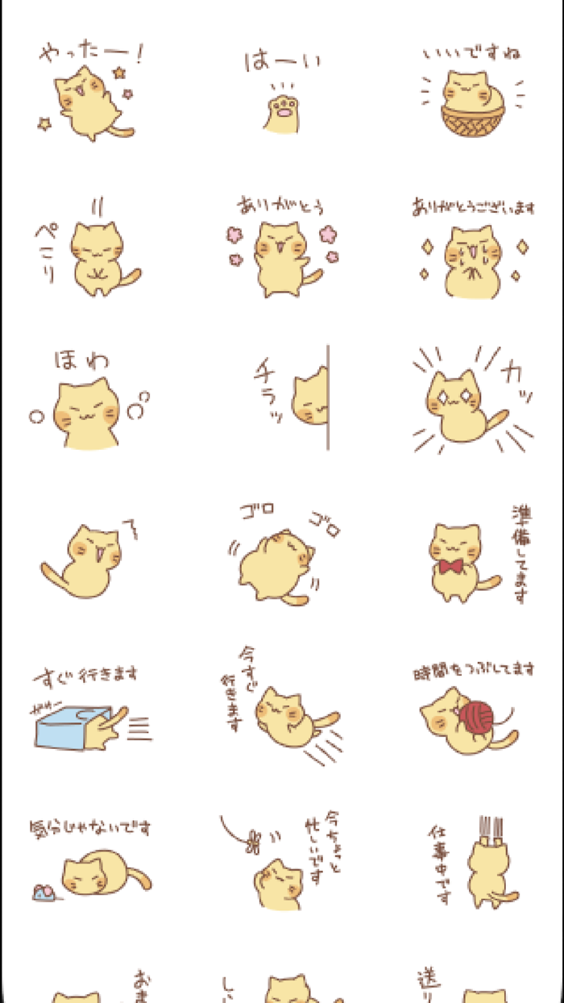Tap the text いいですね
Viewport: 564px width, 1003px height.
click(472, 55)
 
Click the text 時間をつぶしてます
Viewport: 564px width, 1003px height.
click(474, 668)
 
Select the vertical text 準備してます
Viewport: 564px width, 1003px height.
click(520, 554)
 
